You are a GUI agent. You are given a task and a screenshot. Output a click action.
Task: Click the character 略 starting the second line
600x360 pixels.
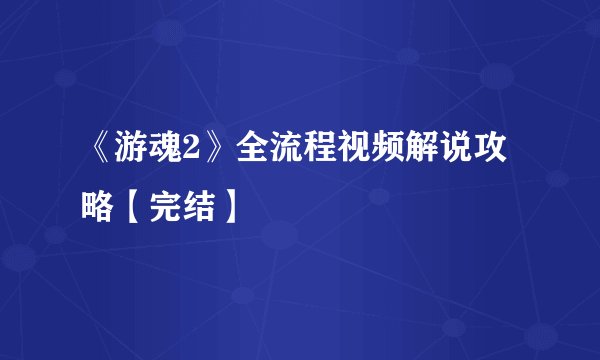point(98,206)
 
